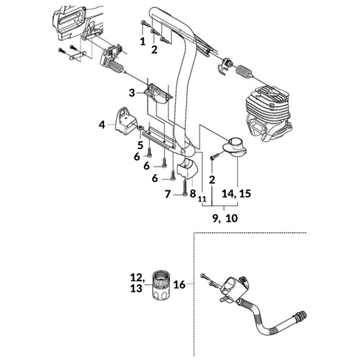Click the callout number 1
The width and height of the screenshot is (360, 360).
143,42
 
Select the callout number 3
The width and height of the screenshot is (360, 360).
132,93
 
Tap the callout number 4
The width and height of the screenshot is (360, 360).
102,125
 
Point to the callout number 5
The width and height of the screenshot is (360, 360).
140,145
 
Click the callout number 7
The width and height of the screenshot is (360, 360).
167,194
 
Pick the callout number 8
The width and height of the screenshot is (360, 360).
193,193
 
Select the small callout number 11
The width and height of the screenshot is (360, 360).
202,199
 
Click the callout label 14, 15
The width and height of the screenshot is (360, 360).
236,193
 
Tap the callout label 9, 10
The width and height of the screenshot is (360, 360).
225,218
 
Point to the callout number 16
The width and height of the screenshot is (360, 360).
179,285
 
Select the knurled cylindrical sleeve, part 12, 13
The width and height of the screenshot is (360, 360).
161,285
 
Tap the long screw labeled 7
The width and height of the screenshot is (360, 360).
185,187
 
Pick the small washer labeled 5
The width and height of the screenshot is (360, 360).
140,128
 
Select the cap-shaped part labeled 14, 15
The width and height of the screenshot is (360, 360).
234,147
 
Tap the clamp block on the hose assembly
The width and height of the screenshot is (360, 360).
234,286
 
